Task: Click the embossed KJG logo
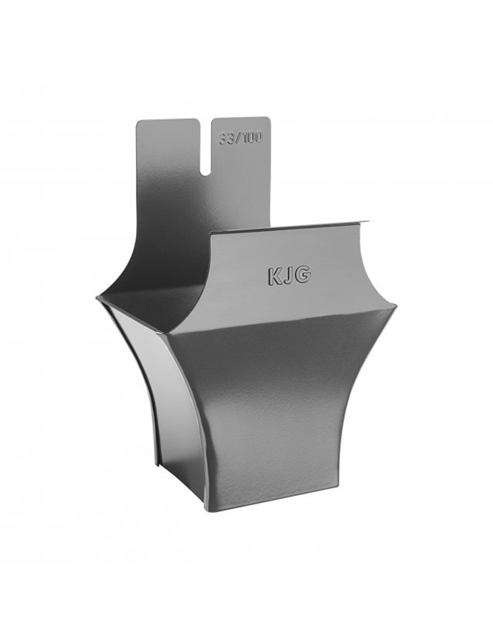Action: [288, 276]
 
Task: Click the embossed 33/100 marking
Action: [241, 139]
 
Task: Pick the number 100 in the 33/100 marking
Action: [251, 139]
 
